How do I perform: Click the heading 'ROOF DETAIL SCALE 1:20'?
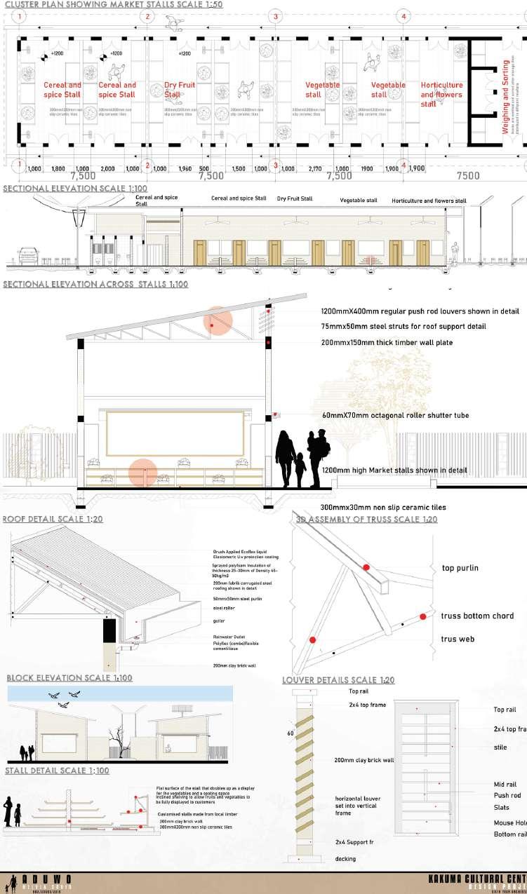tap(53, 520)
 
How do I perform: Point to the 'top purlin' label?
tap(460, 568)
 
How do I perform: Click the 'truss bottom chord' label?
tap(477, 616)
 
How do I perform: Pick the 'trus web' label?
tap(458, 639)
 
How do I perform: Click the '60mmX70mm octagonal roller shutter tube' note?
tap(394, 415)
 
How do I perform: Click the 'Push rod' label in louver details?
tap(507, 796)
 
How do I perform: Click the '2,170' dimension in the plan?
tap(314, 169)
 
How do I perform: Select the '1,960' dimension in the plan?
tap(185, 169)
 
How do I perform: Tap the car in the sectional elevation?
tap(28, 255)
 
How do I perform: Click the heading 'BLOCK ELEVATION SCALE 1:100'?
tap(69, 678)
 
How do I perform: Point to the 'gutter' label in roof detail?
tap(218, 621)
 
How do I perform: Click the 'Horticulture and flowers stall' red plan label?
tap(441, 95)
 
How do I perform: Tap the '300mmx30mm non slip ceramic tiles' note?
tap(382, 507)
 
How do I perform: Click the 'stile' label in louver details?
tap(500, 747)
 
